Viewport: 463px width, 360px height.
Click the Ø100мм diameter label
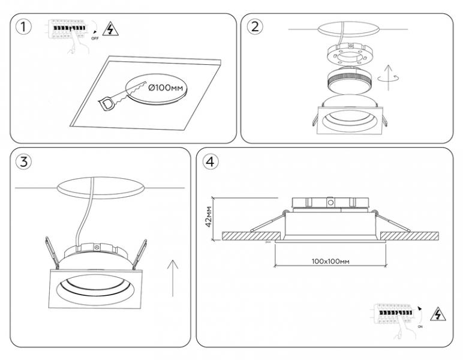click(165, 88)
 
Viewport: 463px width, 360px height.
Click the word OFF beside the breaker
click(94, 38)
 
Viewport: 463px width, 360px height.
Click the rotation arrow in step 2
click(390, 78)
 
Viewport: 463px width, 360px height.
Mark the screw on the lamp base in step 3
click(96, 247)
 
